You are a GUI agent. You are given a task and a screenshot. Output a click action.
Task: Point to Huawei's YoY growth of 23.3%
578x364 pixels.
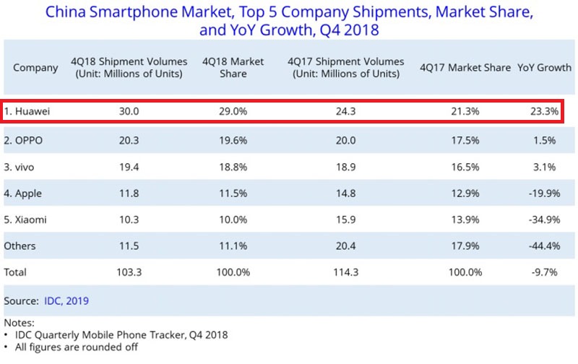pos(544,113)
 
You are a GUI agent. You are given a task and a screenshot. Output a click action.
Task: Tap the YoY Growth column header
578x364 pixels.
pos(544,68)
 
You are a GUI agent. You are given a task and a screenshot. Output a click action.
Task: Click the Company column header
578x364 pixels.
pos(35,68)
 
